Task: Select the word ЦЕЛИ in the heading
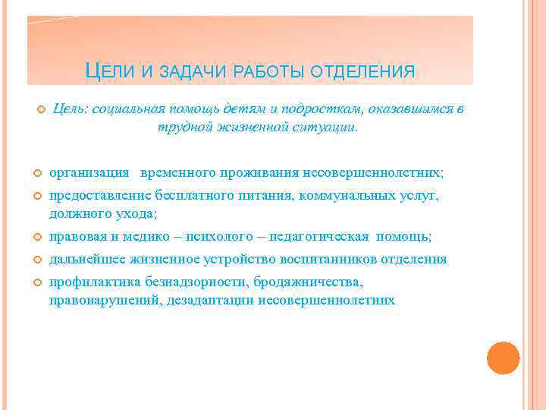110,71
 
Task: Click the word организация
88,173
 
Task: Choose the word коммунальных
347,196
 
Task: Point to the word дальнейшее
85,260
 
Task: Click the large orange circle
503,358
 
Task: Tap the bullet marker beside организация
38,174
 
